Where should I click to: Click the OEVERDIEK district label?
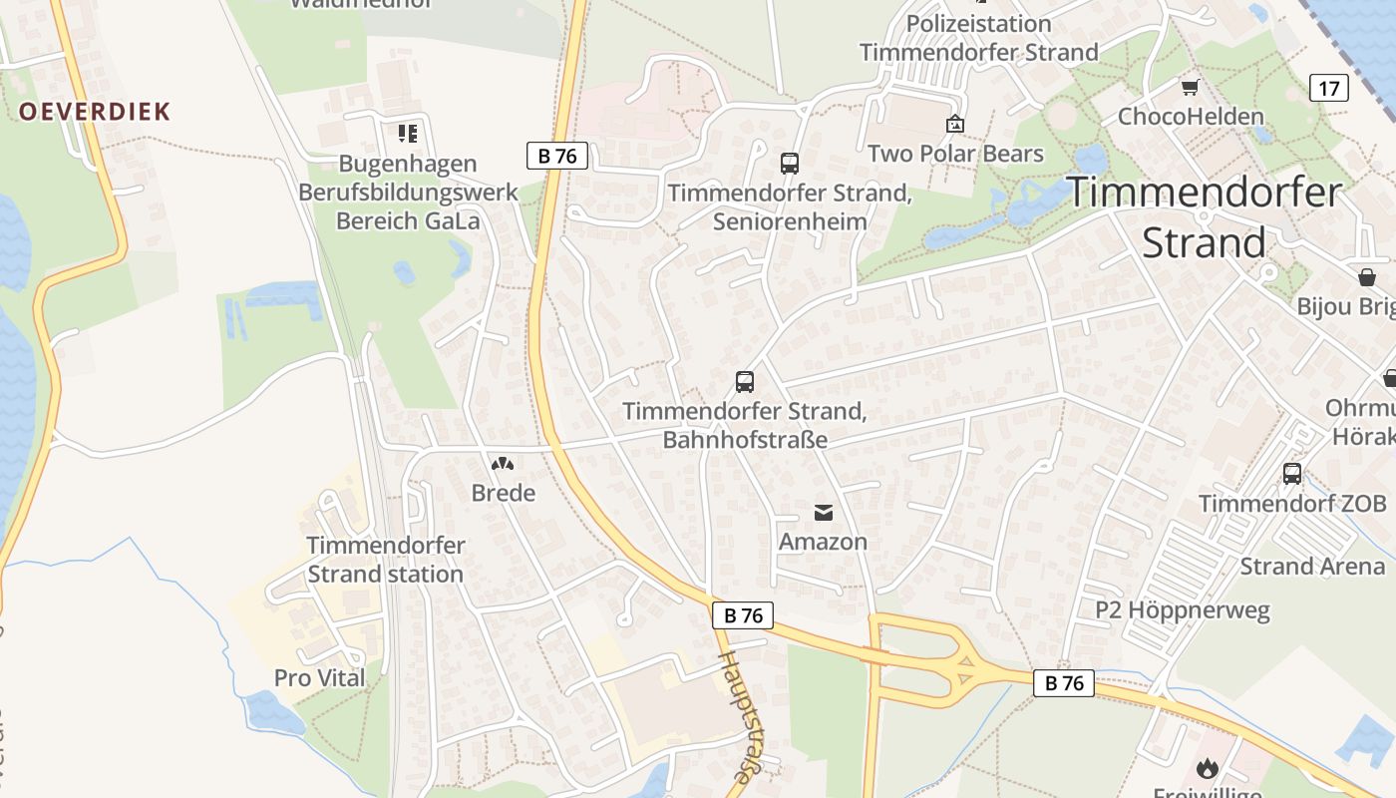pyautogui.click(x=95, y=111)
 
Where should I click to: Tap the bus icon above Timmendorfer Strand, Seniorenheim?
pyautogui.click(x=790, y=163)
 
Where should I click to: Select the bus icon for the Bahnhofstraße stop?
pyautogui.click(x=745, y=381)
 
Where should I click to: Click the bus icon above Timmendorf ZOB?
pyautogui.click(x=1292, y=473)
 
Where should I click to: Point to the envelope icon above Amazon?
pyautogui.click(x=824, y=513)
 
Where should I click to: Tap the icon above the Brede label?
pyautogui.click(x=503, y=464)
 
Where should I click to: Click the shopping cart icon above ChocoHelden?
pyautogui.click(x=1190, y=88)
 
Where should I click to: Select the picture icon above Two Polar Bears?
pyautogui.click(x=955, y=124)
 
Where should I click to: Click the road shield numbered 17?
pyautogui.click(x=1329, y=88)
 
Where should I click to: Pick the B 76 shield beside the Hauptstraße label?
pyautogui.click(x=743, y=615)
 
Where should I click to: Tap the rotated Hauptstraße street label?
pyautogui.click(x=738, y=716)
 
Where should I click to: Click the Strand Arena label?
pyautogui.click(x=1312, y=567)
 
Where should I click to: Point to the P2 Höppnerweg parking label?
pyautogui.click(x=1183, y=609)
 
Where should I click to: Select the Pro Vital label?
pyautogui.click(x=319, y=678)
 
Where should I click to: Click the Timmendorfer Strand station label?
pyautogui.click(x=385, y=560)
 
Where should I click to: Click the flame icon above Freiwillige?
pyautogui.click(x=1208, y=768)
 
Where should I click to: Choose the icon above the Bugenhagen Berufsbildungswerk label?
pyautogui.click(x=407, y=133)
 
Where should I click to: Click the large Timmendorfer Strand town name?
pyautogui.click(x=1205, y=217)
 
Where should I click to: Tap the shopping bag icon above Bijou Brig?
pyautogui.click(x=1366, y=276)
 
